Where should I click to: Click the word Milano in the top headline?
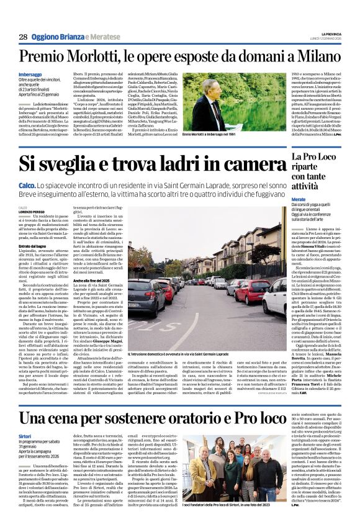317,59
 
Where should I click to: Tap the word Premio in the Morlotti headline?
45,59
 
